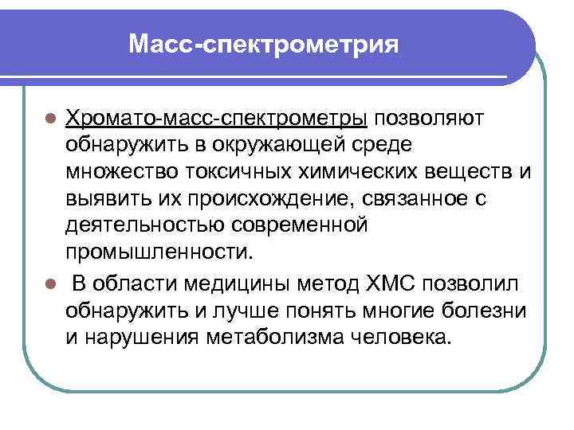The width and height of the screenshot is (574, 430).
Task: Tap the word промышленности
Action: tap(159, 253)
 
